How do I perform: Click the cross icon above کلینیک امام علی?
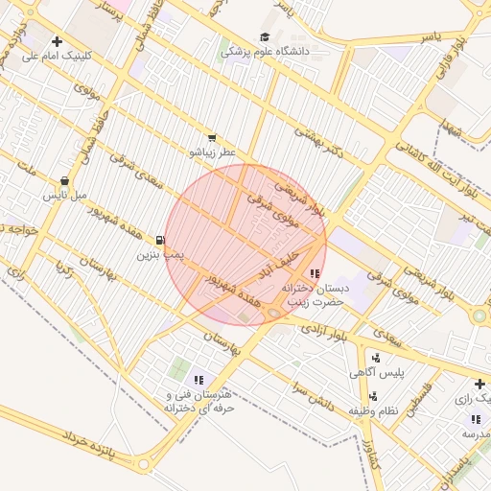58,41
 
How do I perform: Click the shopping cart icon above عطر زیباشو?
211,138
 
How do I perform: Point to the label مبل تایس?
64,195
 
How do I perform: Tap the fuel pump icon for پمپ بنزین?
159,241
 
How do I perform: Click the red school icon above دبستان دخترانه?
315,273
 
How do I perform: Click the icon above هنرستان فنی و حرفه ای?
199,381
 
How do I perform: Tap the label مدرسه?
476,433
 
